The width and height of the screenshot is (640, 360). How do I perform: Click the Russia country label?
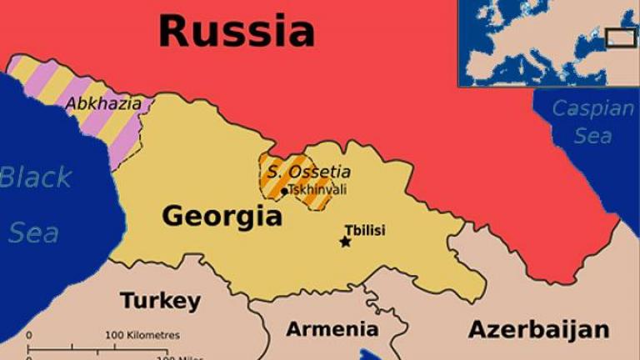coord(237,31)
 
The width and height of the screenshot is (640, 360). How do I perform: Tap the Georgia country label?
coord(222,217)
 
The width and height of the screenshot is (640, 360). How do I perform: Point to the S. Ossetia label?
coord(305,172)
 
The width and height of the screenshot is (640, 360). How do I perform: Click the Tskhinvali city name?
coord(317,190)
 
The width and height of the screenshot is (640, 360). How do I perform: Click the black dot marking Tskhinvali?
coord(285,191)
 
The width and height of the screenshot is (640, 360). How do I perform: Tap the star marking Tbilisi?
coord(345,242)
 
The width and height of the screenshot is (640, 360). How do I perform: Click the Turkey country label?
coord(160,301)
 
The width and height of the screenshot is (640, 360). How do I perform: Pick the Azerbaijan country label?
coord(538,329)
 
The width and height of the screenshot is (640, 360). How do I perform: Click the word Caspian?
coord(593,108)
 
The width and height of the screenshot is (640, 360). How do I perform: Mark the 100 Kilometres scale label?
coord(142,335)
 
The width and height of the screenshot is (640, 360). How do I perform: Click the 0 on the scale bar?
coord(29,335)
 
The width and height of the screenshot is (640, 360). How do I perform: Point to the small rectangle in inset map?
coord(620,37)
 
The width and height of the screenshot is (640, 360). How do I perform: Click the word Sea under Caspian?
coord(592,136)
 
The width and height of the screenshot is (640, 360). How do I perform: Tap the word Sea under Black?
coord(33,232)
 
